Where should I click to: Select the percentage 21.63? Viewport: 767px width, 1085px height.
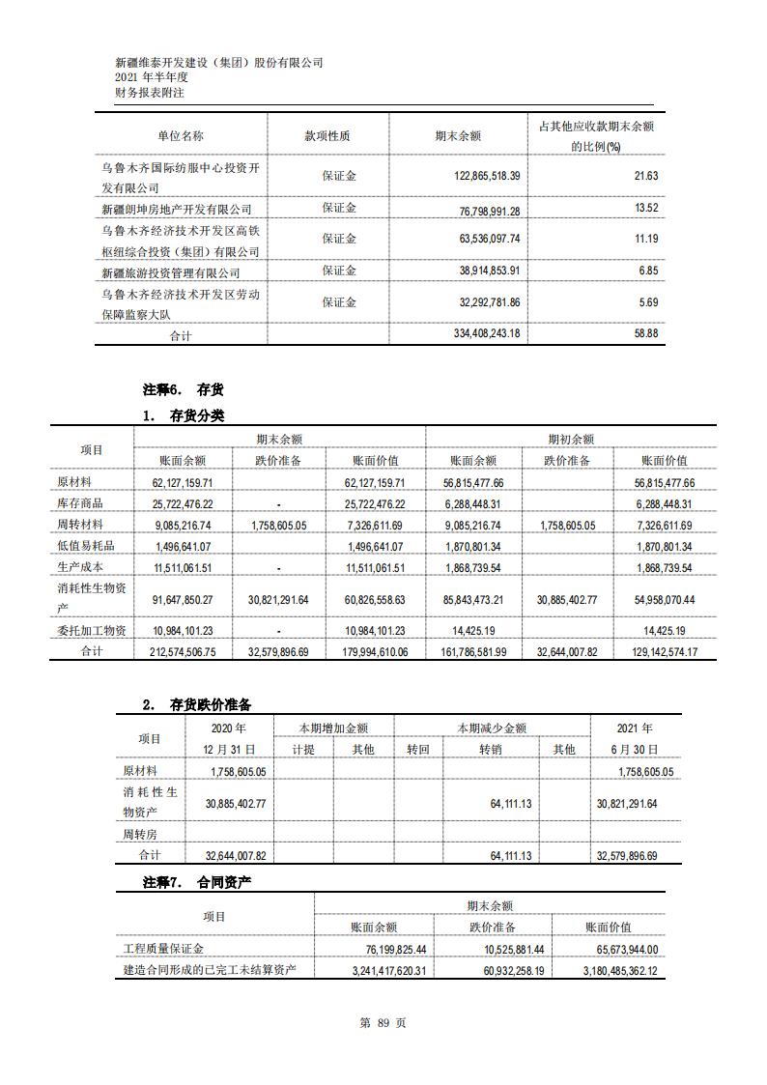coord(646,176)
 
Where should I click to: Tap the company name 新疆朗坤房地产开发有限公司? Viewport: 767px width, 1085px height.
coord(177,209)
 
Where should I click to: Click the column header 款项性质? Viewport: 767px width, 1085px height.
coord(327,136)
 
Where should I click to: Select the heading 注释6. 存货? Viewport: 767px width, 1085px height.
coord(183,389)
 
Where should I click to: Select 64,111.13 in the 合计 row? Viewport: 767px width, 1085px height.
coord(512,856)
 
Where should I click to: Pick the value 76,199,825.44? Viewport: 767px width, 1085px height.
coord(384,950)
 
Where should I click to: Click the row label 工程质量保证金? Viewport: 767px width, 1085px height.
coord(163,950)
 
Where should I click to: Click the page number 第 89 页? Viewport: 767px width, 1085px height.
coord(383,1023)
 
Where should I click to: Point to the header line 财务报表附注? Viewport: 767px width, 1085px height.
coord(149,93)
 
